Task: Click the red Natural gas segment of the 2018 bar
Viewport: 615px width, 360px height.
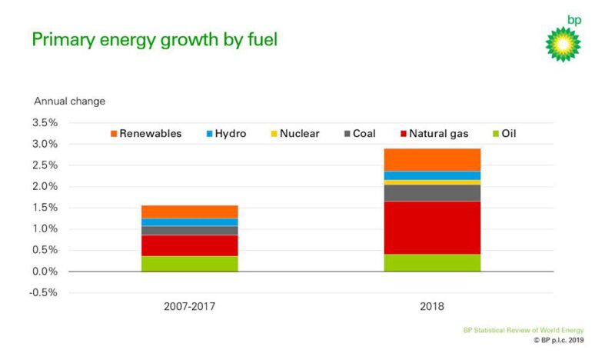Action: click(431, 228)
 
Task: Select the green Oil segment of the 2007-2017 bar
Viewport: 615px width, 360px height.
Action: click(190, 263)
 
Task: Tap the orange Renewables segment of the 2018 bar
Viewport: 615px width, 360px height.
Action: click(431, 159)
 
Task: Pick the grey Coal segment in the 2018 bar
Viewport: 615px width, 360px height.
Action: click(431, 192)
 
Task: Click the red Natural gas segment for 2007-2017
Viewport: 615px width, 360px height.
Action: click(190, 245)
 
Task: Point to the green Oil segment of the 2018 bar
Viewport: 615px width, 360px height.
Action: click(431, 262)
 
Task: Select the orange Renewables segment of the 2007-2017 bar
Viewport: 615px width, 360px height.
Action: click(190, 212)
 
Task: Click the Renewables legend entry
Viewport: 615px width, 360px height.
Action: click(145, 133)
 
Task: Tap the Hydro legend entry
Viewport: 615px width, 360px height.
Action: click(225, 133)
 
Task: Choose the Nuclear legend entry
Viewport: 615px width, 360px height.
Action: click(294, 133)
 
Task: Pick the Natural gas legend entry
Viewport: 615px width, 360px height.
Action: click(433, 133)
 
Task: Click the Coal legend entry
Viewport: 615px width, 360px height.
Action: click(357, 133)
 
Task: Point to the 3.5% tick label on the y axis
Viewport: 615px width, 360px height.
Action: click(45, 122)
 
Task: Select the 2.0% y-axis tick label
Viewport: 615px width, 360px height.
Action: click(45, 186)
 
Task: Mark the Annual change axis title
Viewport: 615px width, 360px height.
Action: click(69, 101)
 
